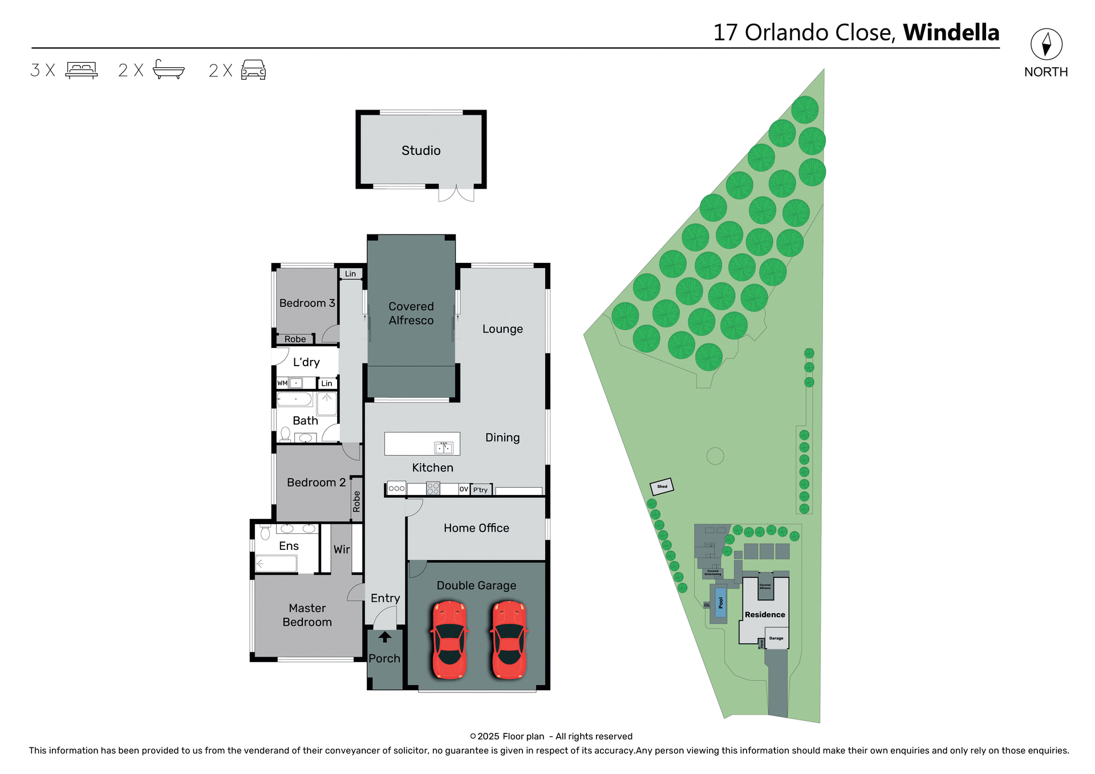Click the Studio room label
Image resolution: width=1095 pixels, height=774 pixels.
click(x=421, y=151)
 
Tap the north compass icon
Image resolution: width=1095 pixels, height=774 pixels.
click(x=1046, y=44)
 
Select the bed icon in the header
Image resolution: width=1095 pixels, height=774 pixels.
click(x=82, y=70)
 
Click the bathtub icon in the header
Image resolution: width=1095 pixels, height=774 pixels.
click(x=169, y=70)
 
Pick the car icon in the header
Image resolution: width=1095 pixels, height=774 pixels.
click(x=253, y=70)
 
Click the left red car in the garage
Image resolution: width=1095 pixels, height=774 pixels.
click(x=449, y=639)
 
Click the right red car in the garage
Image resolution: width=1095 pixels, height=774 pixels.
click(x=509, y=639)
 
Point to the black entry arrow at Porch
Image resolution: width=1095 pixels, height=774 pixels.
click(x=385, y=637)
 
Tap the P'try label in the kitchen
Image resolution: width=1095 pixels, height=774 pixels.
click(x=481, y=490)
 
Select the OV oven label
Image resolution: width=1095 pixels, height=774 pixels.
click(x=464, y=489)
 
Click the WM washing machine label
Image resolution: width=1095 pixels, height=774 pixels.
click(x=282, y=383)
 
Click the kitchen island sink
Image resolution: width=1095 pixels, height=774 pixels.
click(x=444, y=448)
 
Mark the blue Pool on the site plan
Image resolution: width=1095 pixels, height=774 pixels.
click(x=721, y=602)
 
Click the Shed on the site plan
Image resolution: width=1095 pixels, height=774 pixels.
click(x=662, y=487)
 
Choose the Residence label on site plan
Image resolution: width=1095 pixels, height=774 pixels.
click(x=765, y=615)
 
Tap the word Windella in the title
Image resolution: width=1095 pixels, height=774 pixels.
click(x=951, y=33)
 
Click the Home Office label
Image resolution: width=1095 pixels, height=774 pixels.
click(x=476, y=528)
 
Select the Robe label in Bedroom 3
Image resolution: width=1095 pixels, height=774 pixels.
click(x=295, y=339)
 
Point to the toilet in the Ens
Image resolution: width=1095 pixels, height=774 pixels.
click(x=265, y=533)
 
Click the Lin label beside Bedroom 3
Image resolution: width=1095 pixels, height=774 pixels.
click(x=350, y=274)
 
